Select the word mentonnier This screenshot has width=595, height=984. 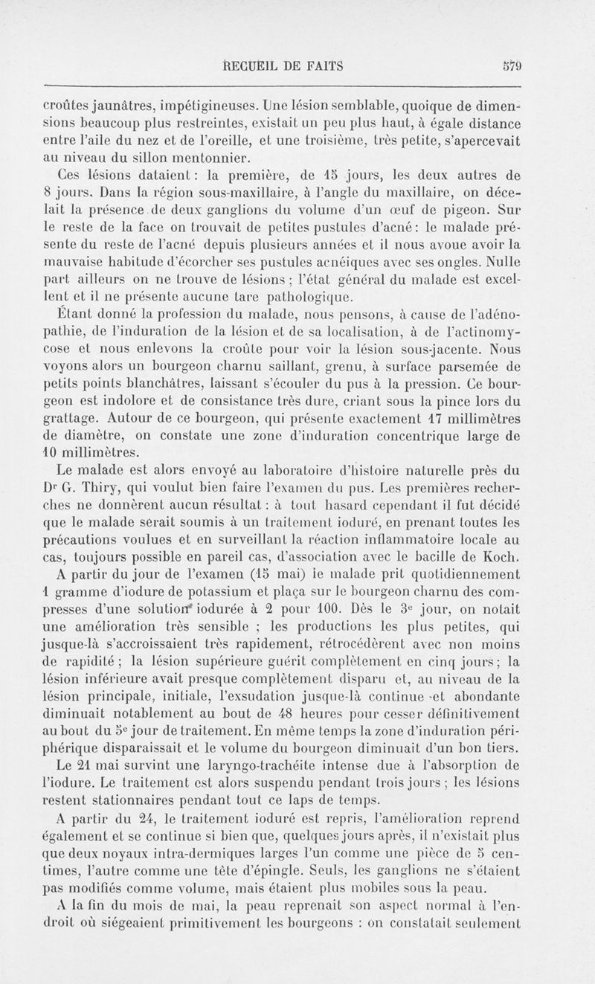click(208, 157)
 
